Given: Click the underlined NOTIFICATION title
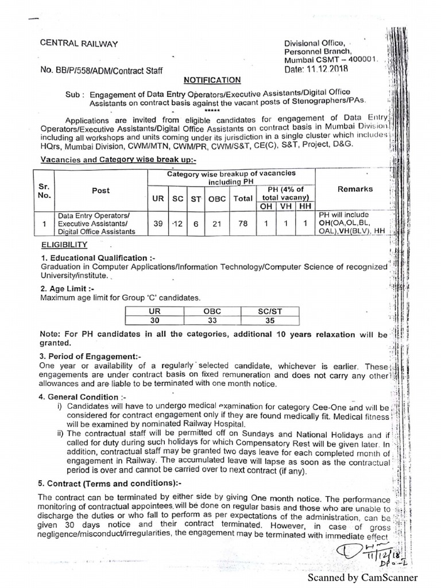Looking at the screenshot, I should (x=212, y=80).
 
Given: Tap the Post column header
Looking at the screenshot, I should (x=100, y=190).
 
